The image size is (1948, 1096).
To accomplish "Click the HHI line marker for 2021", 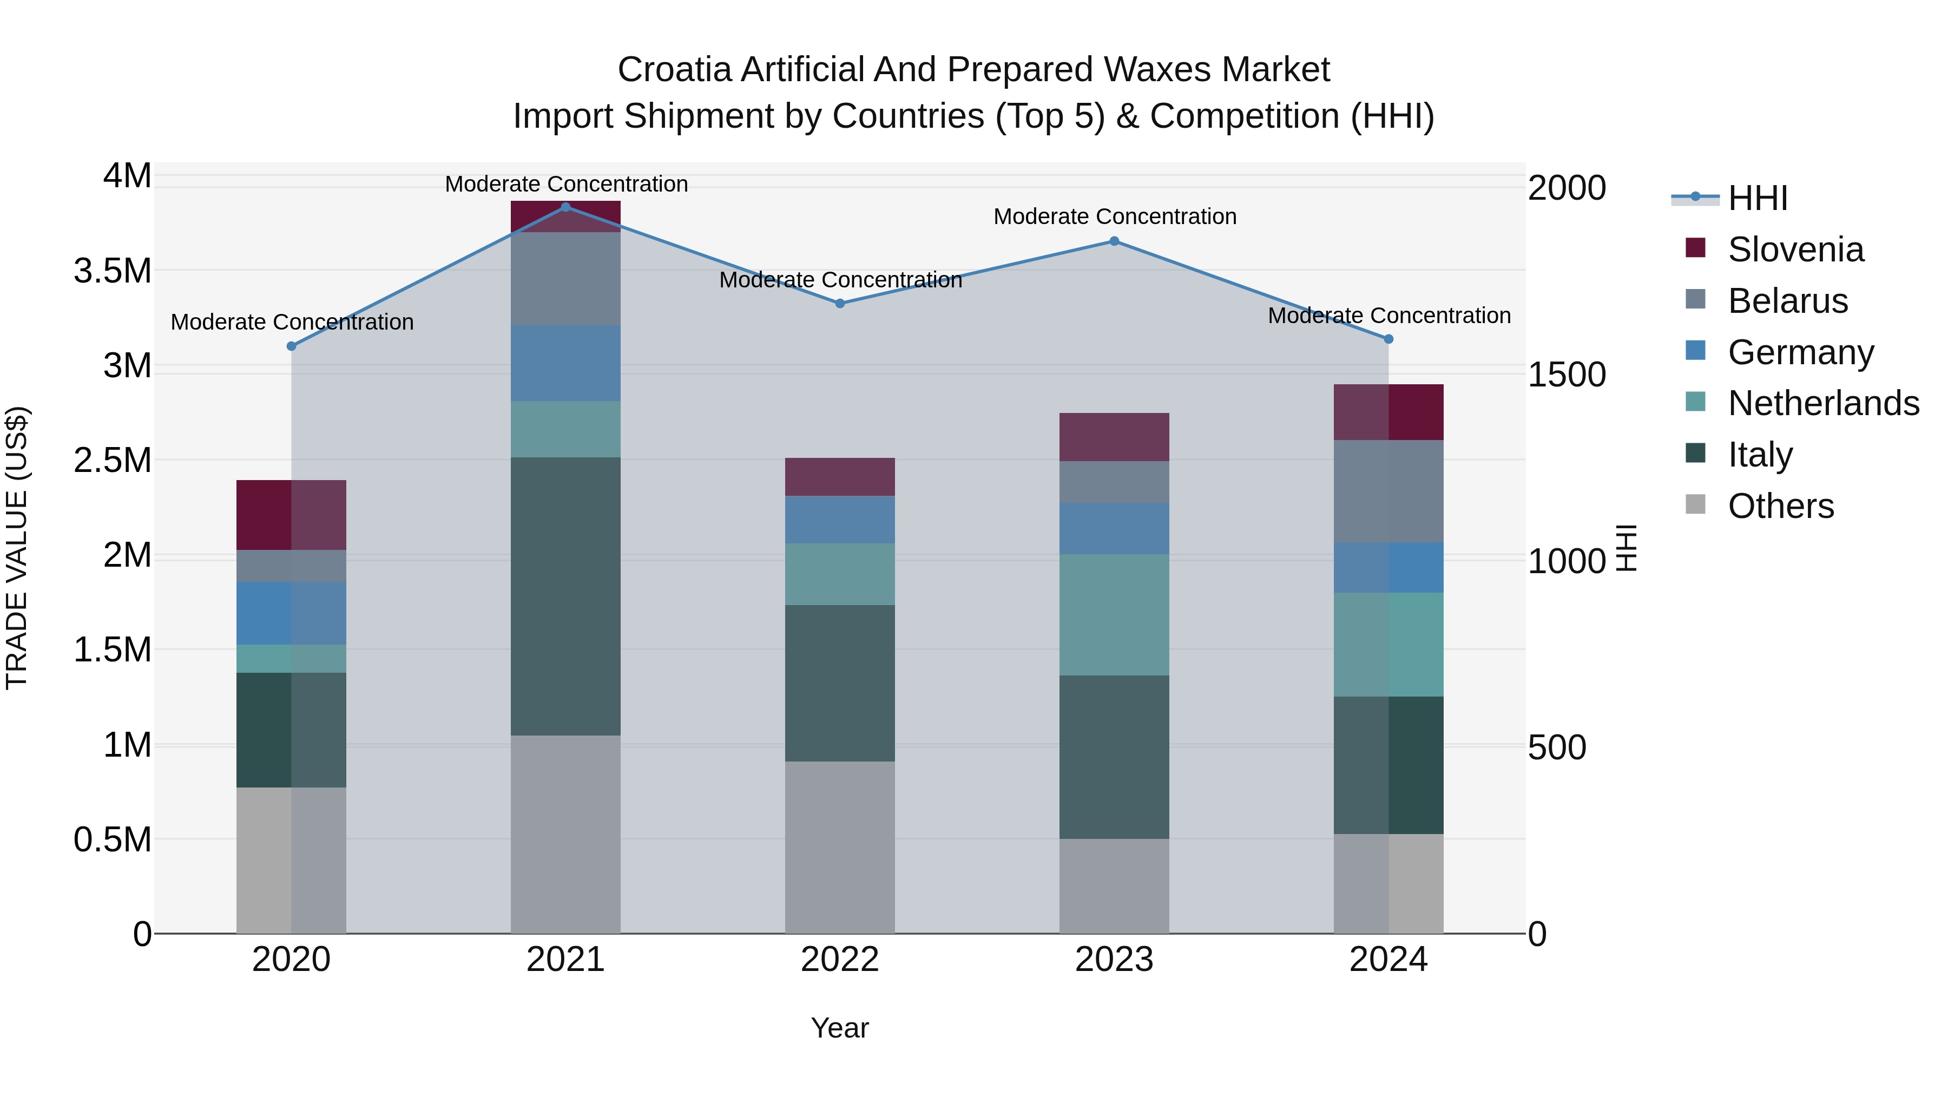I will (x=565, y=207).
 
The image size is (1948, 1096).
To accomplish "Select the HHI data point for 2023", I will (x=1114, y=241).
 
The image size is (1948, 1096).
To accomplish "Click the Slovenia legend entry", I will (x=1795, y=250).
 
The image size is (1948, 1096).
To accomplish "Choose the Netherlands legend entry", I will (x=1822, y=403).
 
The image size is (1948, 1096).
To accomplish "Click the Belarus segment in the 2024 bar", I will (x=1388, y=491).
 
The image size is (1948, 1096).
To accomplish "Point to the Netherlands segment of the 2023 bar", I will (x=1114, y=614).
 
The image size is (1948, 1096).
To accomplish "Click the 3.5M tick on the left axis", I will (x=113, y=271).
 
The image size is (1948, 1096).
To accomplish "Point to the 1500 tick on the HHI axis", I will (x=1566, y=375).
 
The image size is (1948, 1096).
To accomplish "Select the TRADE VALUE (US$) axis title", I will (x=17, y=548).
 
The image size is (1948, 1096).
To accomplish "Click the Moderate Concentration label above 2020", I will (x=292, y=322).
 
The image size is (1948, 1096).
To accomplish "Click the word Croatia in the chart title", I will (x=675, y=70).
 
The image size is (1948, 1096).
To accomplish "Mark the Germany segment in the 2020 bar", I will (x=291, y=613).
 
